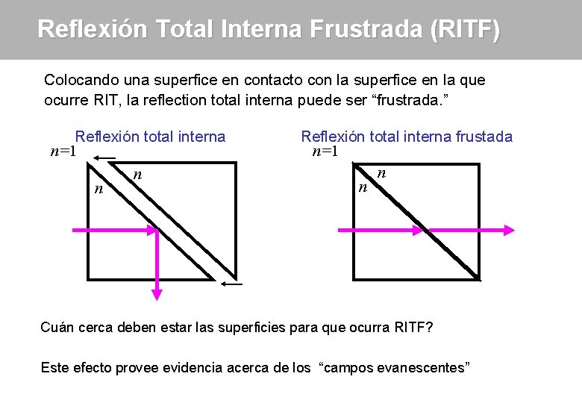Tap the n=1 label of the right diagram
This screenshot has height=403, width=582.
coord(325,151)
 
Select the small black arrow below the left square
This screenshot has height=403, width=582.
coord(232,284)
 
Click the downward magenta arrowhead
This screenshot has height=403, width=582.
coord(157,292)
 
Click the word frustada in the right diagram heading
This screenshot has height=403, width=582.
coord(484,137)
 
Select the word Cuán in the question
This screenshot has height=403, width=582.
coord(57,328)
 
